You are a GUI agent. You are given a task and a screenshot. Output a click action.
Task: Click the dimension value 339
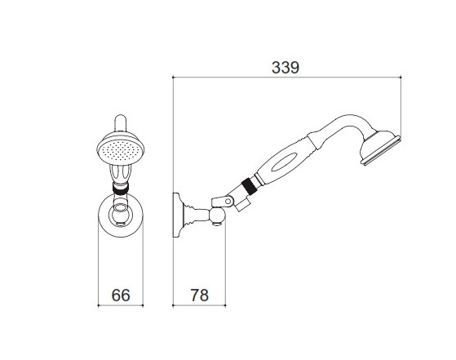point(286,68)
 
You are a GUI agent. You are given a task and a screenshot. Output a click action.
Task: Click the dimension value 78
point(200,295)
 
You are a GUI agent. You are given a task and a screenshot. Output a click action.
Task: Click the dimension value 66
point(121,295)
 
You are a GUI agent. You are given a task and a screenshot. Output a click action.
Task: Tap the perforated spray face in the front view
point(120,151)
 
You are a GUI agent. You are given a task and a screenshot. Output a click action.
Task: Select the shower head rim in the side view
point(381,150)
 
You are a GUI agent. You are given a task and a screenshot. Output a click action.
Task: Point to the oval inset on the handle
point(285,162)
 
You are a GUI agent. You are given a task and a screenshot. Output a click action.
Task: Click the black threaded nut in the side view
point(249,185)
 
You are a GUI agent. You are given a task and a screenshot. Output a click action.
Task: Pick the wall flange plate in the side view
point(176,215)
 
